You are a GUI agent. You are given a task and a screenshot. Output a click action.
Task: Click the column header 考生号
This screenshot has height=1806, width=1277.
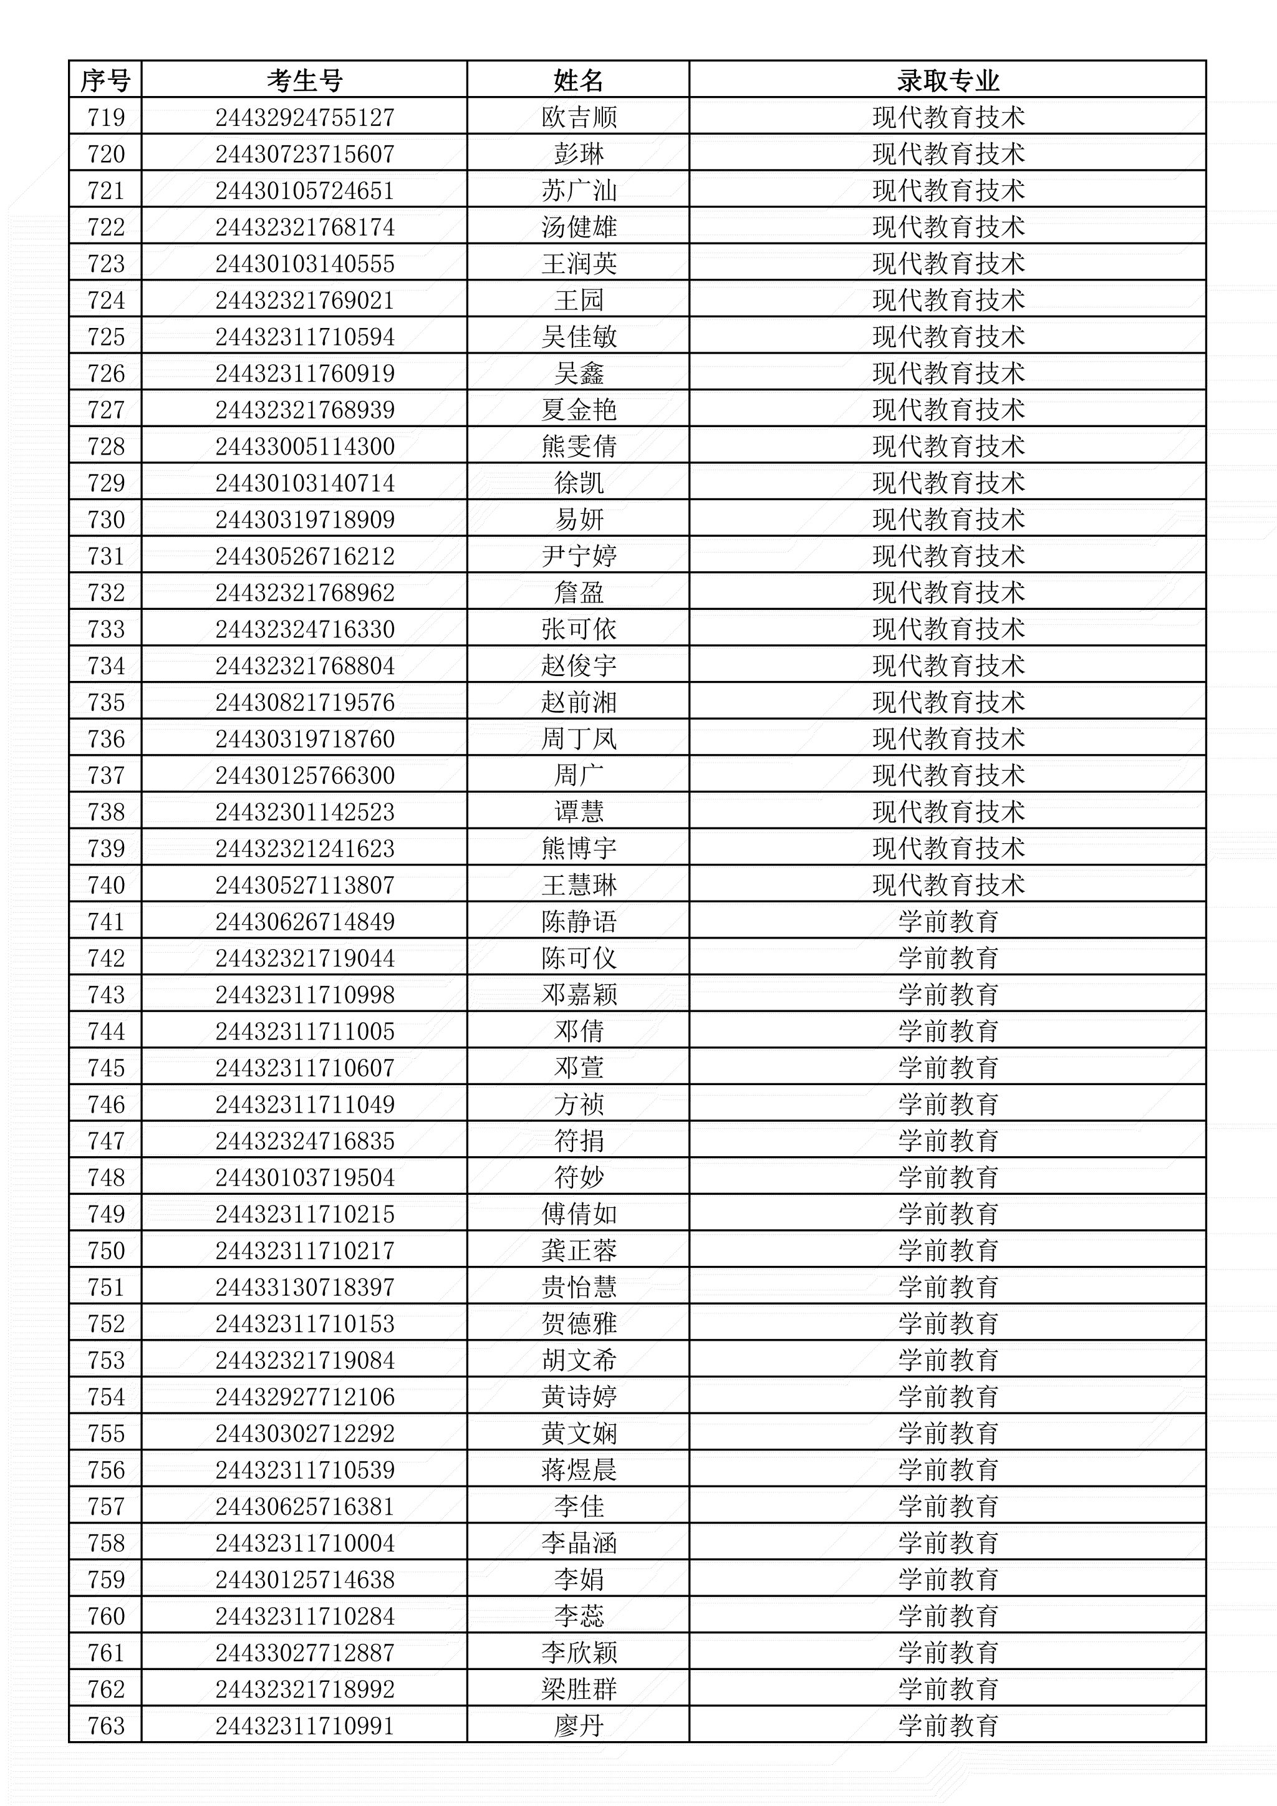click(x=304, y=80)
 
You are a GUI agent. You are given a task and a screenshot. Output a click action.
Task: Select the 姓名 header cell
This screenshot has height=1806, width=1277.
click(x=578, y=80)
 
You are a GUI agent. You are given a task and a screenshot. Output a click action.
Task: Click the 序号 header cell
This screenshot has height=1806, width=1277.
click(x=105, y=80)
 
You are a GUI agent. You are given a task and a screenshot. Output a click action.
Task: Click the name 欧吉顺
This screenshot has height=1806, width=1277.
click(x=578, y=117)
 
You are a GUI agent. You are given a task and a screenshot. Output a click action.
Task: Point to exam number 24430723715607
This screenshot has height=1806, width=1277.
click(x=304, y=154)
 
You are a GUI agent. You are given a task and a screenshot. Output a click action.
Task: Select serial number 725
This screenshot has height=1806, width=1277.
click(x=105, y=337)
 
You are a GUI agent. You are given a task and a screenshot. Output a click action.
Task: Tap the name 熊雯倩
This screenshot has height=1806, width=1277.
click(x=578, y=446)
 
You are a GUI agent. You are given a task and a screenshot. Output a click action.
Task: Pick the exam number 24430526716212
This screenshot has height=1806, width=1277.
click(x=304, y=556)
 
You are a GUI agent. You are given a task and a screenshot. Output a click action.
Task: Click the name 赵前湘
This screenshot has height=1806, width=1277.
click(x=578, y=702)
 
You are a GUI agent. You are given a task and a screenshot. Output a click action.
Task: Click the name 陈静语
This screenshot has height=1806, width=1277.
click(x=578, y=921)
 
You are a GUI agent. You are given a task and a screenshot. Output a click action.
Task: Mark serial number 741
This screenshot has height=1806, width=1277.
click(x=105, y=921)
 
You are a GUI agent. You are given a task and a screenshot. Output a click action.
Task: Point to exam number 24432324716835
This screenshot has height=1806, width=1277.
click(x=304, y=1141)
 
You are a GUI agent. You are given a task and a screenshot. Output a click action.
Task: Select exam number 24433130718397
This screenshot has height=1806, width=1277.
click(x=304, y=1287)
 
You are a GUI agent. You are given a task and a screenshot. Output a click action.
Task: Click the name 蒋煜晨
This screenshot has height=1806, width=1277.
click(x=578, y=1470)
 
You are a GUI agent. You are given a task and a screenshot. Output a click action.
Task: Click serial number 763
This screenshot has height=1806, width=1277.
click(x=105, y=1726)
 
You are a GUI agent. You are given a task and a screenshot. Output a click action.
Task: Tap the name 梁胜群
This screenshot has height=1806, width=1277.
click(x=578, y=1689)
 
